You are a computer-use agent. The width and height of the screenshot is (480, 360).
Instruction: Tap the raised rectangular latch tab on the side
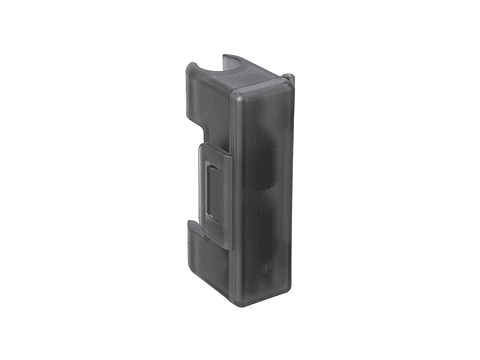pyautogui.click(x=212, y=186)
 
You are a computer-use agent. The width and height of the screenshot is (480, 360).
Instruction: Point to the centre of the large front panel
pyautogui.click(x=264, y=190)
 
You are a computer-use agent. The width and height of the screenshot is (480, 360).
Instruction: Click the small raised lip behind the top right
pyautogui.click(x=288, y=77)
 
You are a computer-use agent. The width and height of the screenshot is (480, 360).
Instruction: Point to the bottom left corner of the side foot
pyautogui.click(x=187, y=263)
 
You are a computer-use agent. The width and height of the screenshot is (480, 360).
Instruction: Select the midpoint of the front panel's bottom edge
pyautogui.click(x=264, y=299)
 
